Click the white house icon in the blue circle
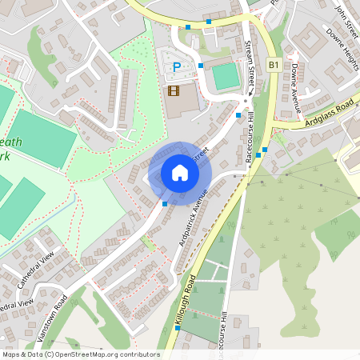(x=180, y=172)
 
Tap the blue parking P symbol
(x=177, y=68)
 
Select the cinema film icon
(x=174, y=90)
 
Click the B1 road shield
(x=274, y=64)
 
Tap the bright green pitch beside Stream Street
(x=226, y=77)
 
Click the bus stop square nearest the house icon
(x=165, y=204)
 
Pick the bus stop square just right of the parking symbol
(x=201, y=66)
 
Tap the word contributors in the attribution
(x=138, y=354)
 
